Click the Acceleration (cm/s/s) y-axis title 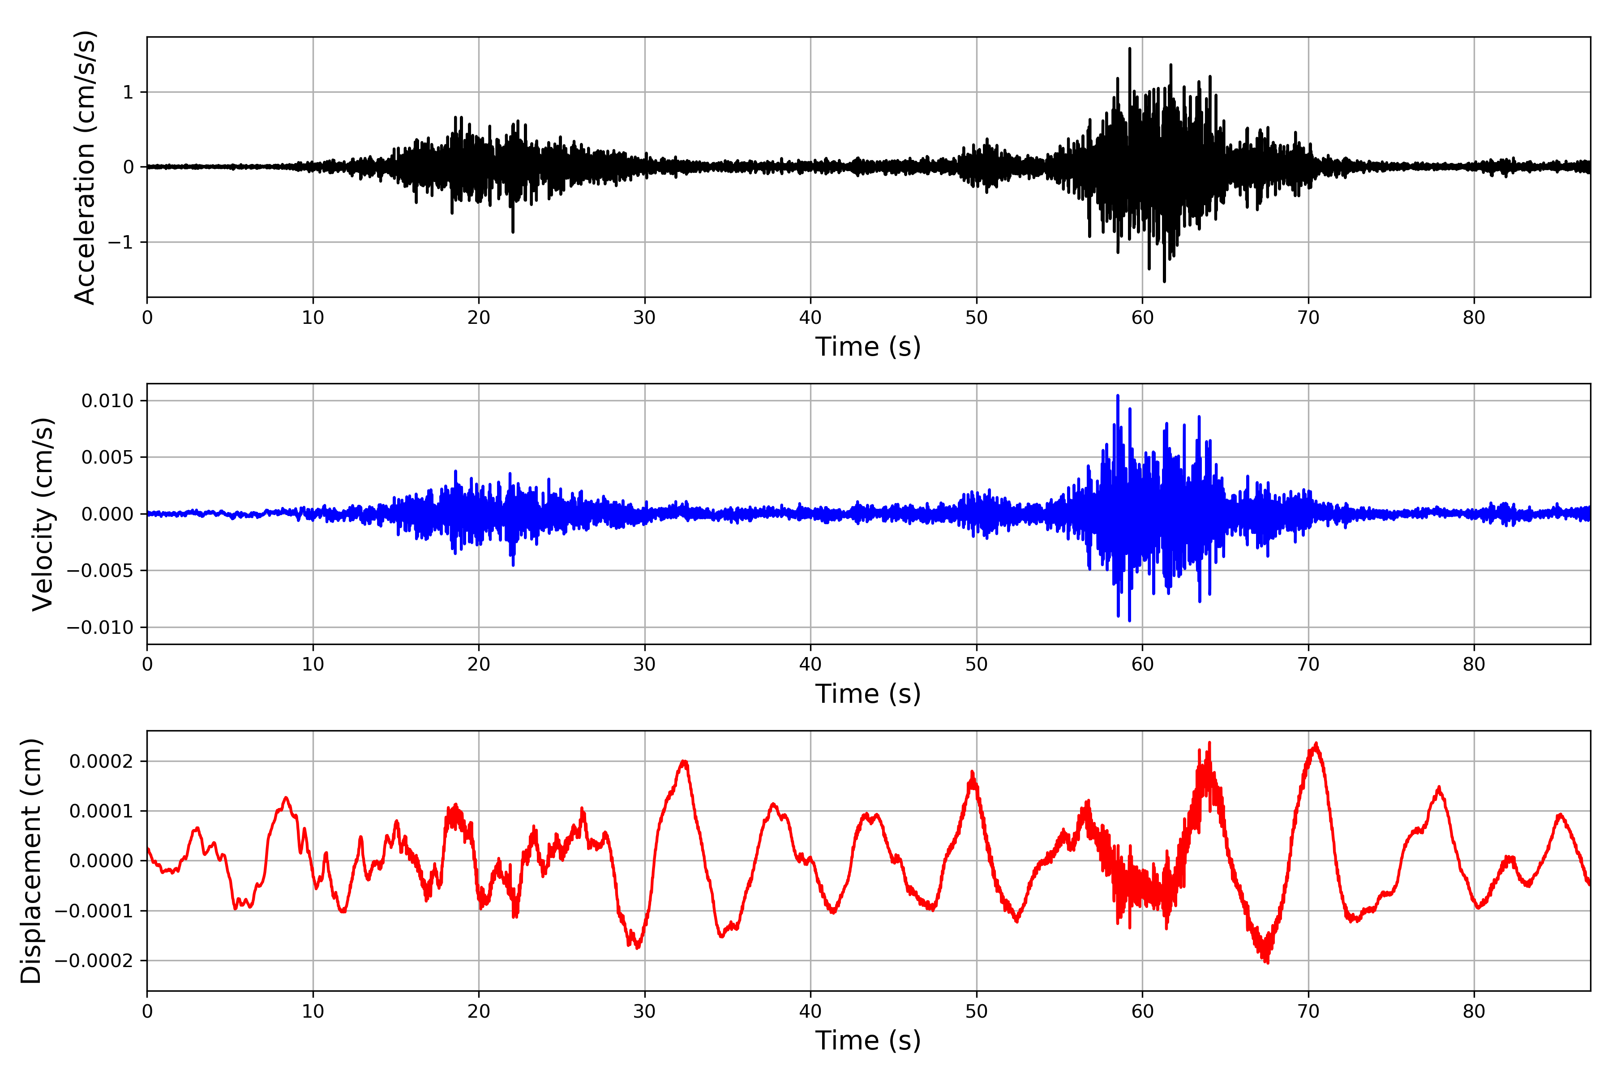(85, 167)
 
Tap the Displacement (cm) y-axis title (31, 860)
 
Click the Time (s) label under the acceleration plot (868, 347)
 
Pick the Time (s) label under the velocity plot (868, 694)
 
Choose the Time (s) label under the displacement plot (868, 1041)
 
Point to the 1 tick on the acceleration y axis (128, 92)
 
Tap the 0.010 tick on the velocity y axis (107, 400)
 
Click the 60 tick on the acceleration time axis (1143, 318)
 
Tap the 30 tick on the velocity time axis (644, 664)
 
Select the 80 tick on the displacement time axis (1474, 1011)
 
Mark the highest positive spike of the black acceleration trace (1129, 49)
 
